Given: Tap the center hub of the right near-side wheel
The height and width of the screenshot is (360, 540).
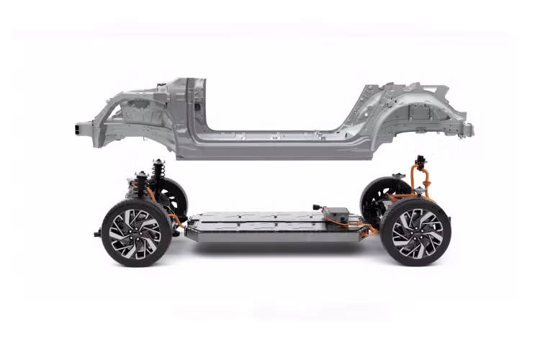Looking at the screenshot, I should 416,232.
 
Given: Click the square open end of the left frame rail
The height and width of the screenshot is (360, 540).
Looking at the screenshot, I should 77,130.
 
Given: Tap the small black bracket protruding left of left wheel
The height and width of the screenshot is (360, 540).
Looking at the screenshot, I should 97,233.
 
